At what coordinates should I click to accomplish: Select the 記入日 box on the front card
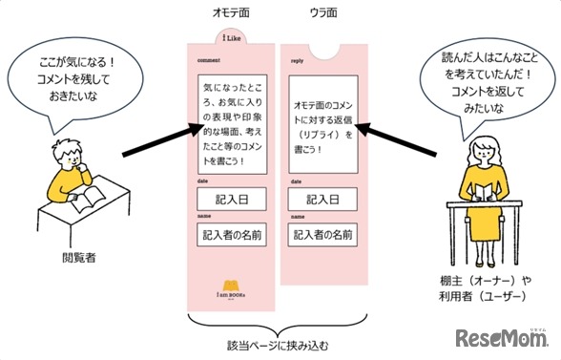pos(230,201)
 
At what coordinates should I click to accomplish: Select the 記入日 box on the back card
pos(323,201)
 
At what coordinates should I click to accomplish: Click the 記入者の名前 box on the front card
pos(230,234)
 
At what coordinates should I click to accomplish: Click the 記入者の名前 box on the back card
pos(323,234)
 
